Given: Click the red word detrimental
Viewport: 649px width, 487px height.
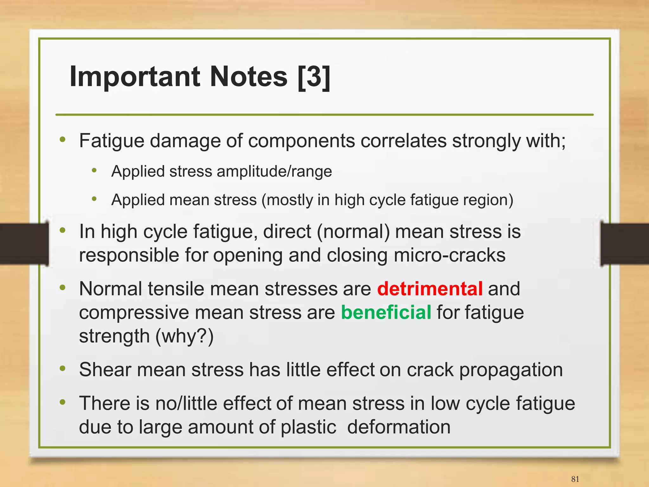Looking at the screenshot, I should (x=430, y=289).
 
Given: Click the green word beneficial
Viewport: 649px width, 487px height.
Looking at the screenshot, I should (x=386, y=312).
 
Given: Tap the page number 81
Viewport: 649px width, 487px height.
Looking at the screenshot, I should (x=575, y=479).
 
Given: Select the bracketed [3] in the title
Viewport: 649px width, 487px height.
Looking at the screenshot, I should (x=314, y=76).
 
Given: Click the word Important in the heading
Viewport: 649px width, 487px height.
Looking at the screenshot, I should (x=135, y=76).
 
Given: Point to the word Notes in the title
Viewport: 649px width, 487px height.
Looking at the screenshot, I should (x=249, y=76).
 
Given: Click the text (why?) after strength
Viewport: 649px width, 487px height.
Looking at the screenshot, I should (x=184, y=336).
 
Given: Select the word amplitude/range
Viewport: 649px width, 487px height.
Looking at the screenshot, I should (x=274, y=171).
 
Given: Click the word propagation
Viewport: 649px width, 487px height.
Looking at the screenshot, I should (x=511, y=370).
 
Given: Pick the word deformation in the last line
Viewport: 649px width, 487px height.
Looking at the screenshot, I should (x=399, y=427).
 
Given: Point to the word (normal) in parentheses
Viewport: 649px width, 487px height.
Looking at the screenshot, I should (x=353, y=232).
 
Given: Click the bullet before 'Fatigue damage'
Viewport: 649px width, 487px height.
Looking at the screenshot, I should (x=62, y=139).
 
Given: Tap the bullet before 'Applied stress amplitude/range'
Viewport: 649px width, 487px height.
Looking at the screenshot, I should (x=94, y=171).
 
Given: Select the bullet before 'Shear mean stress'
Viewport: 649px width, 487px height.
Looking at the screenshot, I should (x=62, y=368).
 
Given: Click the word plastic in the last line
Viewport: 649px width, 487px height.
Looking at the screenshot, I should (x=308, y=427).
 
